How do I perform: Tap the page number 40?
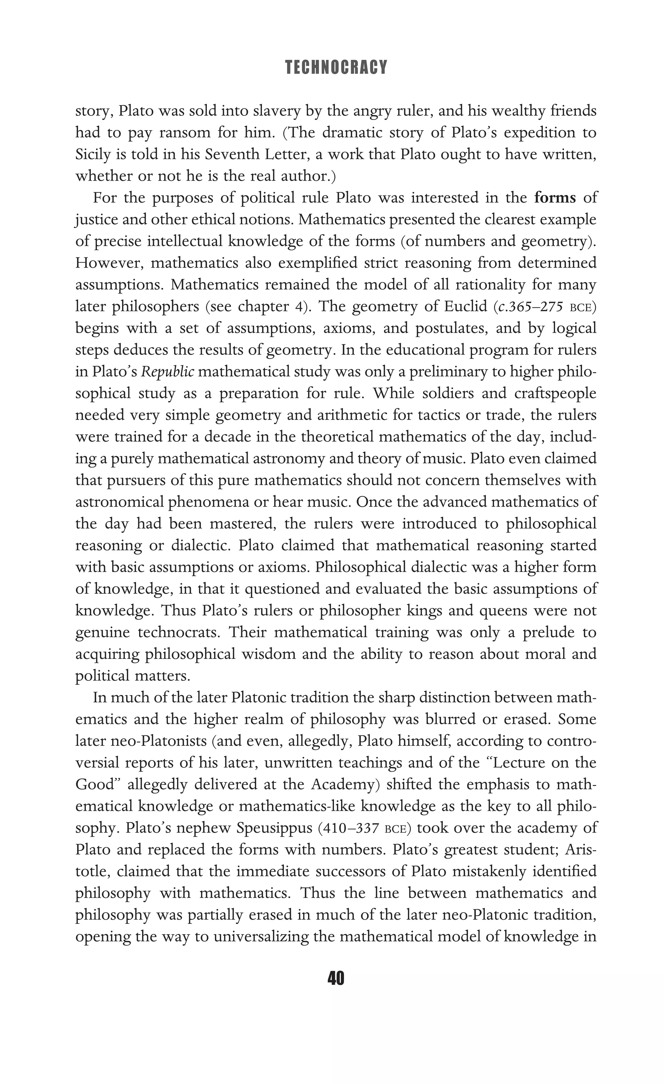click(x=336, y=978)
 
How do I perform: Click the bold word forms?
click(x=555, y=198)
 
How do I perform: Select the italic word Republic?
click(x=167, y=372)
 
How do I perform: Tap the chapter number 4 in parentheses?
click(x=298, y=307)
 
